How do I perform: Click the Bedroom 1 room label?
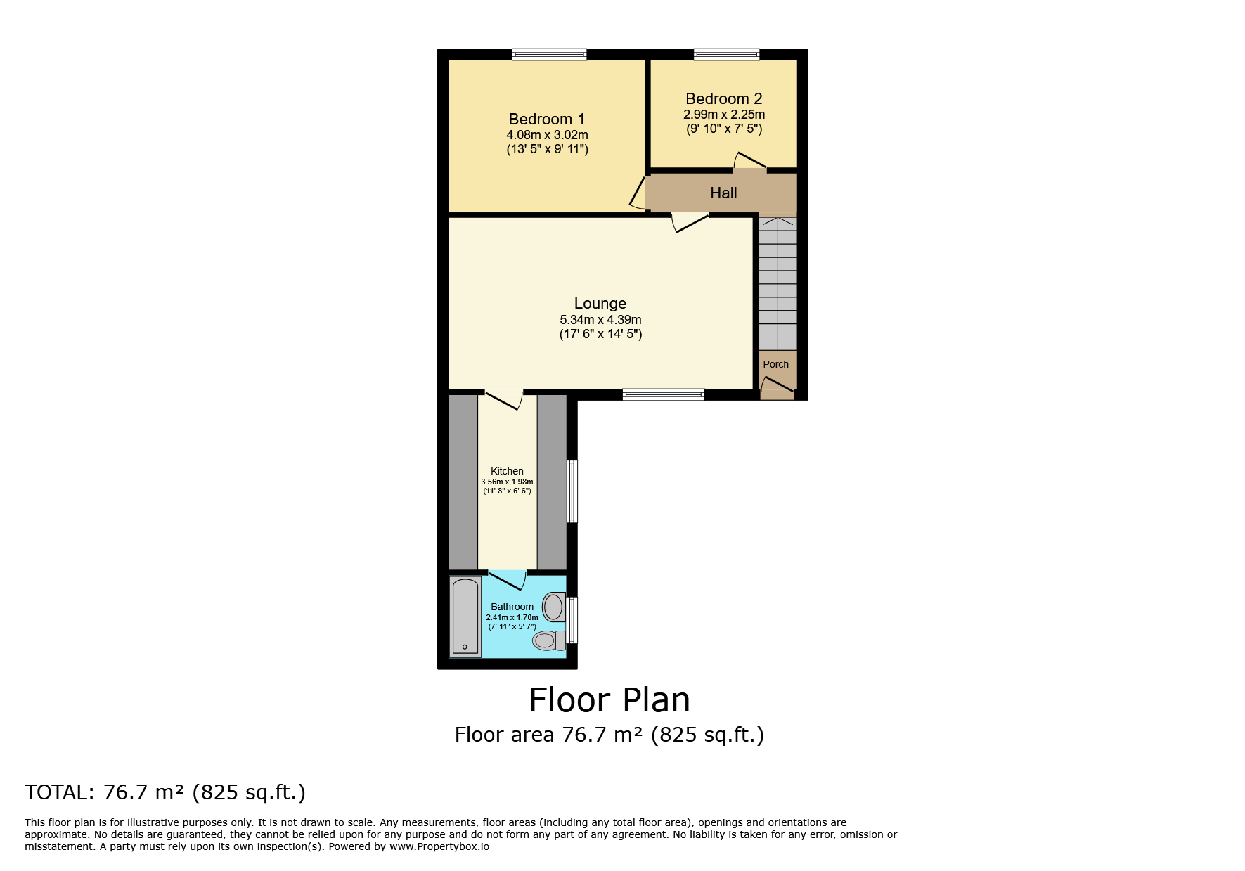[546, 119]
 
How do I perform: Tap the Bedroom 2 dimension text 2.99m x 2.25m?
[724, 115]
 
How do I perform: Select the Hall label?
[723, 193]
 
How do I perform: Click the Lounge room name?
[600, 303]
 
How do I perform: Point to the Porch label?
[776, 364]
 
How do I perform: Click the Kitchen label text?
[507, 471]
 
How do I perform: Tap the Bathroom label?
[512, 607]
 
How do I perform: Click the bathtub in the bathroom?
[465, 617]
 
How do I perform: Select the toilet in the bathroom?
[549, 640]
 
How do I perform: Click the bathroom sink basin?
[555, 607]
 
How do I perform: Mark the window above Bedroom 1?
[549, 54]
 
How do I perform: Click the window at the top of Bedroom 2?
[727, 54]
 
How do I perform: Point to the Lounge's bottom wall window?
[664, 394]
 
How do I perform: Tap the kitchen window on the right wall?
[572, 491]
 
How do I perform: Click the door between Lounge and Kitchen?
[503, 399]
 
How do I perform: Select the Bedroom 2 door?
[750, 161]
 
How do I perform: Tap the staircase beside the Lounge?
[778, 283]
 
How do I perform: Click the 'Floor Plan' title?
[609, 700]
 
